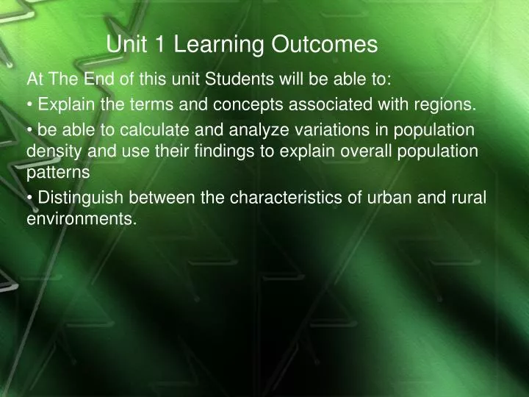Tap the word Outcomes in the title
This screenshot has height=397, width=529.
click(325, 46)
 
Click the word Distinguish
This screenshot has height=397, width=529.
click(74, 197)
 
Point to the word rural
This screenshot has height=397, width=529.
click(471, 197)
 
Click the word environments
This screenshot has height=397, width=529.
click(82, 218)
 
